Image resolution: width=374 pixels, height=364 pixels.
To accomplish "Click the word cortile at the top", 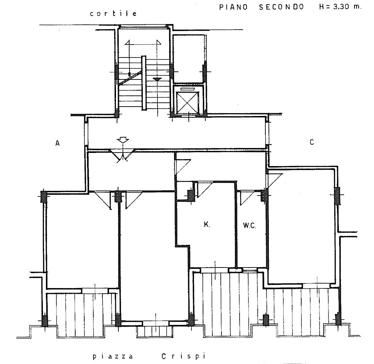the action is click(x=113, y=13).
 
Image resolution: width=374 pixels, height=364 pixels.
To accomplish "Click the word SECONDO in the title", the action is click(x=281, y=7).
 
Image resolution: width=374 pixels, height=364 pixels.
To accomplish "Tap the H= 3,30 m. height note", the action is click(x=340, y=6).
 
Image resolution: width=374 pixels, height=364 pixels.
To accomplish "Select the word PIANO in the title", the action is click(x=234, y=7).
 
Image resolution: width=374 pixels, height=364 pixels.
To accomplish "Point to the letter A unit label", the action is click(x=57, y=143).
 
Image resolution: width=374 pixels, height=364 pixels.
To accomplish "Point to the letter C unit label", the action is click(x=312, y=142).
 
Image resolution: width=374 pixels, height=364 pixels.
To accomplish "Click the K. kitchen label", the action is click(x=207, y=224).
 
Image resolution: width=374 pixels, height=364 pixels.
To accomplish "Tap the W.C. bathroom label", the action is click(x=249, y=225).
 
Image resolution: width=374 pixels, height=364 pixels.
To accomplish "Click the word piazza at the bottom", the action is click(x=112, y=357).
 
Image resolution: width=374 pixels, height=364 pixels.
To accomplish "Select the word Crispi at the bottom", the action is click(x=183, y=356).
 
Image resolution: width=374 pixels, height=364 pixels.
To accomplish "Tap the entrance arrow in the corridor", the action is click(x=123, y=140).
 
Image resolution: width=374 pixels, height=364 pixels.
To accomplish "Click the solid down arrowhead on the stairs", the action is click(x=157, y=79).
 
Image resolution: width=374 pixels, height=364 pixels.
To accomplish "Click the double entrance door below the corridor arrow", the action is click(x=122, y=156).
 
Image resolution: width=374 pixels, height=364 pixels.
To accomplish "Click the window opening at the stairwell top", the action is click(x=143, y=26).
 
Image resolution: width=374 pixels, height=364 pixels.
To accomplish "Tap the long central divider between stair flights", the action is click(x=143, y=83).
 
